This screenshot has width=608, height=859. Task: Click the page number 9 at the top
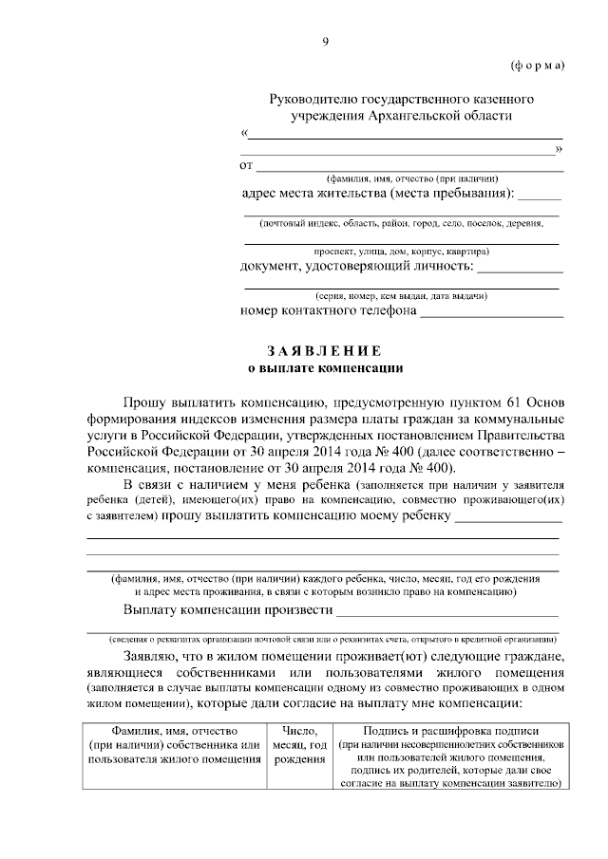325,40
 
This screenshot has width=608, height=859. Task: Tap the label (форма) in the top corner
538,65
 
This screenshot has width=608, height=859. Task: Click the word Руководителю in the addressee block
313,99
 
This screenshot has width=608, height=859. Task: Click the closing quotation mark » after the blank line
559,149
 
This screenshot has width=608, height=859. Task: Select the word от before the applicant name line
247,166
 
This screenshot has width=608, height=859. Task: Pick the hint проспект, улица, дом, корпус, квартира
402,252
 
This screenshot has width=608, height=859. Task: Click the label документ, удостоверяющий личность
355,267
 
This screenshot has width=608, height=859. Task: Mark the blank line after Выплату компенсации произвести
447,612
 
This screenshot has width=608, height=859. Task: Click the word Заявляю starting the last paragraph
147,657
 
